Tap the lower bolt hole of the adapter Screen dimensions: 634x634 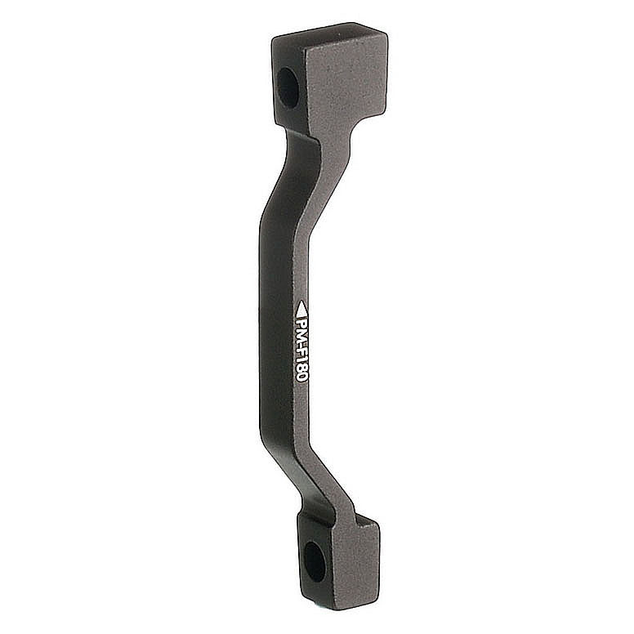click(314, 561)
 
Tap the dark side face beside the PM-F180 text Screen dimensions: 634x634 click(274, 343)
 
